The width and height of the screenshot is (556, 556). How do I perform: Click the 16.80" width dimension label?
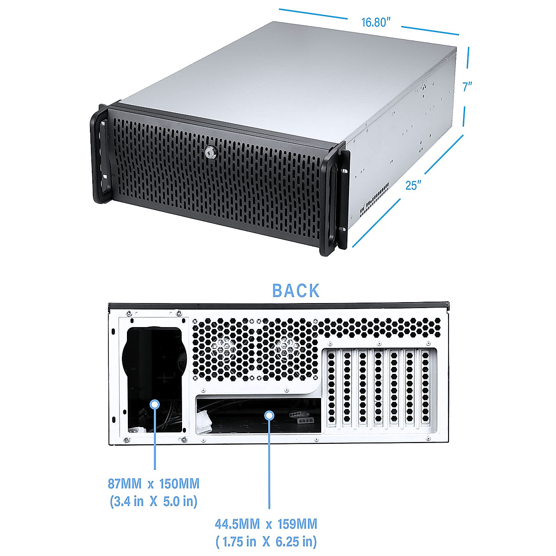pyautogui.click(x=376, y=22)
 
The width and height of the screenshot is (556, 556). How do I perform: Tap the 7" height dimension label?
pyautogui.click(x=468, y=86)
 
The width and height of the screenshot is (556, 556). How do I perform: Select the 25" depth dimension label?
pyautogui.click(x=413, y=185)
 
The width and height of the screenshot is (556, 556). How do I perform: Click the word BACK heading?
pyautogui.click(x=296, y=291)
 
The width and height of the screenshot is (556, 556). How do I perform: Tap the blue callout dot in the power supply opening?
pyautogui.click(x=155, y=404)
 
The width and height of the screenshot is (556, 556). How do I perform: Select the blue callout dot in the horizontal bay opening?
pyautogui.click(x=269, y=415)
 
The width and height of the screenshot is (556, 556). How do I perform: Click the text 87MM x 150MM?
pyautogui.click(x=154, y=484)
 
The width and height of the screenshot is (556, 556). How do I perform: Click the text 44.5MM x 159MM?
pyautogui.click(x=266, y=524)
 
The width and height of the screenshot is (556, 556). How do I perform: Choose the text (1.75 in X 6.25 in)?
pyautogui.click(x=266, y=541)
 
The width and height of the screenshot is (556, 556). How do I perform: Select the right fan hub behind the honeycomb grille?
pyautogui.click(x=284, y=348)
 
